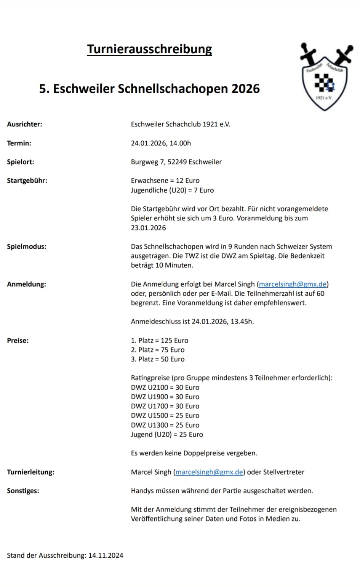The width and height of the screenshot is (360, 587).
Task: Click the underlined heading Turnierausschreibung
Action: pyautogui.click(x=149, y=49)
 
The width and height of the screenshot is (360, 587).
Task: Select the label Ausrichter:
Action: pyautogui.click(x=24, y=124)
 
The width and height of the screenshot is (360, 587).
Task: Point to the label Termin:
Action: pyautogui.click(x=19, y=143)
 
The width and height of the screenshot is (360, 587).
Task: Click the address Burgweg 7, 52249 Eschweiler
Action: pyautogui.click(x=176, y=162)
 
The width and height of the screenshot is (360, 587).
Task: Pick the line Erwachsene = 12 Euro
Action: pyautogui.click(x=165, y=180)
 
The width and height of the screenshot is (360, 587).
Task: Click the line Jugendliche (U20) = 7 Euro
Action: pyautogui.click(x=172, y=190)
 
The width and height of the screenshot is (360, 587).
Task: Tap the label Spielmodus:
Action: pyautogui.click(x=26, y=246)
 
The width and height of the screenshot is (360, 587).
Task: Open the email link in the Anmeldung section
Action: pyautogui.click(x=293, y=284)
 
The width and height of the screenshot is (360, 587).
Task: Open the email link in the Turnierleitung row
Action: pyautogui.click(x=209, y=472)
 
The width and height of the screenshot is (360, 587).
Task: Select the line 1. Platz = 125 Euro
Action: pyautogui.click(x=159, y=340)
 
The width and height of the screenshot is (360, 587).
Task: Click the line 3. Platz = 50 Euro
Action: pyautogui.click(x=157, y=359)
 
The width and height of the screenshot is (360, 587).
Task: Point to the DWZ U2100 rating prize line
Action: pyautogui.click(x=165, y=387)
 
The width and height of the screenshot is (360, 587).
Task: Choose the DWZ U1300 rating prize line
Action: pyautogui.click(x=165, y=425)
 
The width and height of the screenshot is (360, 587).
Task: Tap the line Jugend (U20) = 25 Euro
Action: pyautogui.click(x=167, y=434)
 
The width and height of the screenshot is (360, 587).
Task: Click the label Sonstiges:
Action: pyautogui.click(x=23, y=491)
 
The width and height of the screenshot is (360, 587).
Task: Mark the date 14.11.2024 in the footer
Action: pyautogui.click(x=106, y=555)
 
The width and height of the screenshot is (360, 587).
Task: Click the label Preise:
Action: pyautogui.click(x=18, y=340)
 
